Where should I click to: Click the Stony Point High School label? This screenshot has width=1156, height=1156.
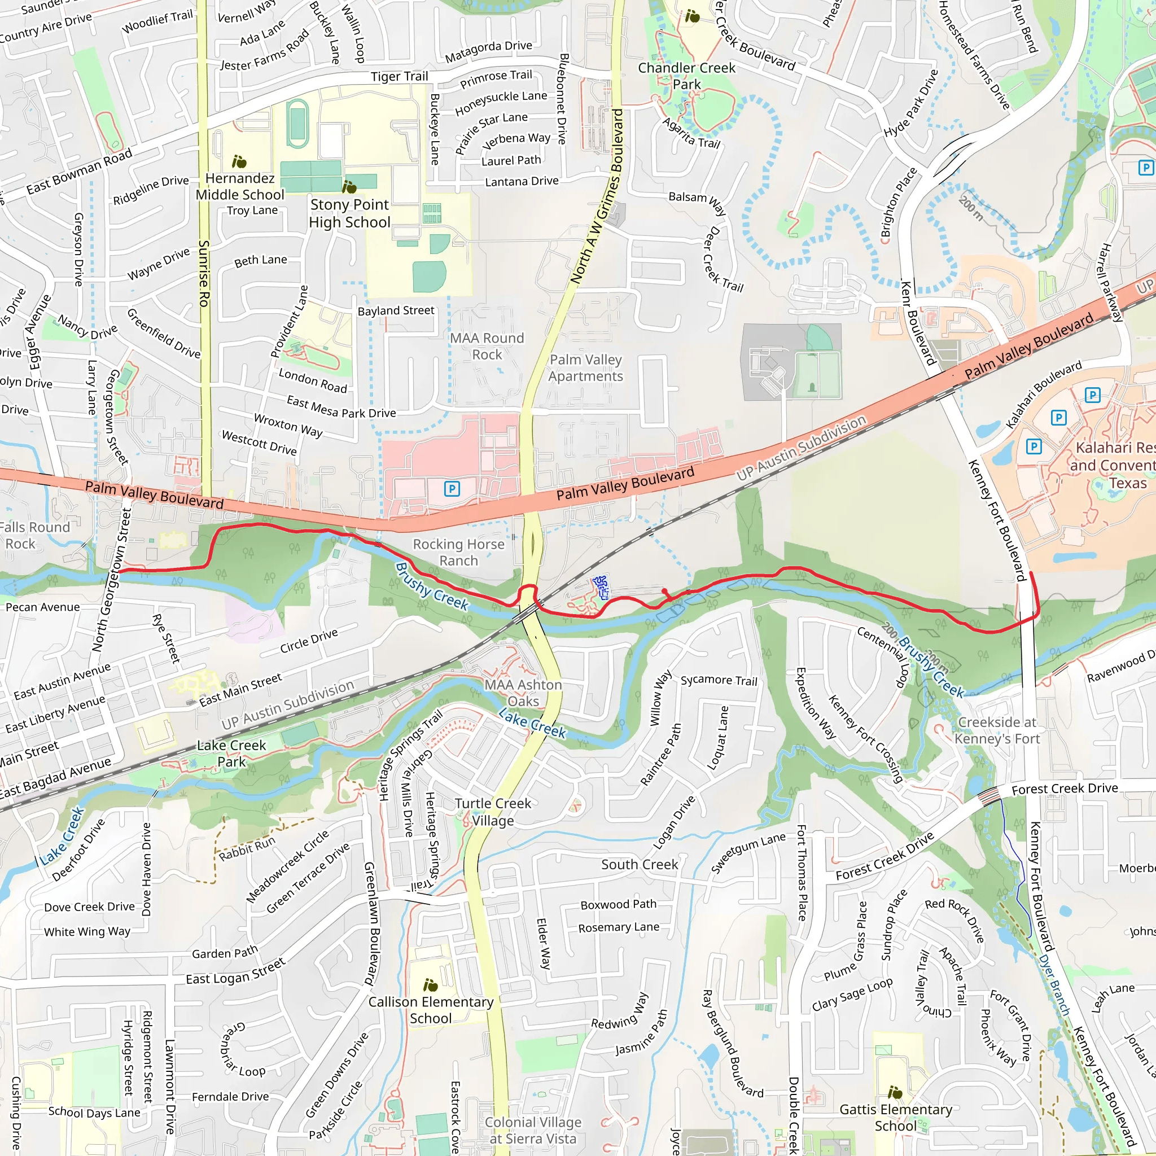tap(349, 213)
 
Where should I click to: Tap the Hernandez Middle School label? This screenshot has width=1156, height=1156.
tap(240, 186)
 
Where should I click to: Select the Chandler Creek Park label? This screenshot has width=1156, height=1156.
tap(686, 76)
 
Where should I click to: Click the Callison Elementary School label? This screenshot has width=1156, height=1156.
tap(431, 1010)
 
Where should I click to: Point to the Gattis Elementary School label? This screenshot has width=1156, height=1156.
tap(896, 1118)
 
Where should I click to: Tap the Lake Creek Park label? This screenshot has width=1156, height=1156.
tap(231, 754)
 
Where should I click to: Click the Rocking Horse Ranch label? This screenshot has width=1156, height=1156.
tap(458, 552)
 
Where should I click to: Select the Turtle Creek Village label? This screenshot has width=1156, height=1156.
tap(492, 812)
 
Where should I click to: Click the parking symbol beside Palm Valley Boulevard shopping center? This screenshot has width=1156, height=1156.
tap(452, 489)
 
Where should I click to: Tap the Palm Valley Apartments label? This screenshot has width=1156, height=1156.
tap(586, 367)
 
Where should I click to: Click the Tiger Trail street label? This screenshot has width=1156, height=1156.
tap(399, 77)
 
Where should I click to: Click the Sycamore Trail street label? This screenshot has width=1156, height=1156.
tap(719, 680)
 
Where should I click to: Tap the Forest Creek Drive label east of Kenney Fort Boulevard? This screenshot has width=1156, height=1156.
tap(1065, 789)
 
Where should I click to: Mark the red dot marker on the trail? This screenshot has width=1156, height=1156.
tap(665, 591)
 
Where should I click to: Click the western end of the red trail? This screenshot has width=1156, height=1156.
tap(119, 571)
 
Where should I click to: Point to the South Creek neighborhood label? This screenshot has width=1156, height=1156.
tap(640, 864)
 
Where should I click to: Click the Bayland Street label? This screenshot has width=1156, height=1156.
tap(396, 310)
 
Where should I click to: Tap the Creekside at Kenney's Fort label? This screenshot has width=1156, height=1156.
tap(997, 730)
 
